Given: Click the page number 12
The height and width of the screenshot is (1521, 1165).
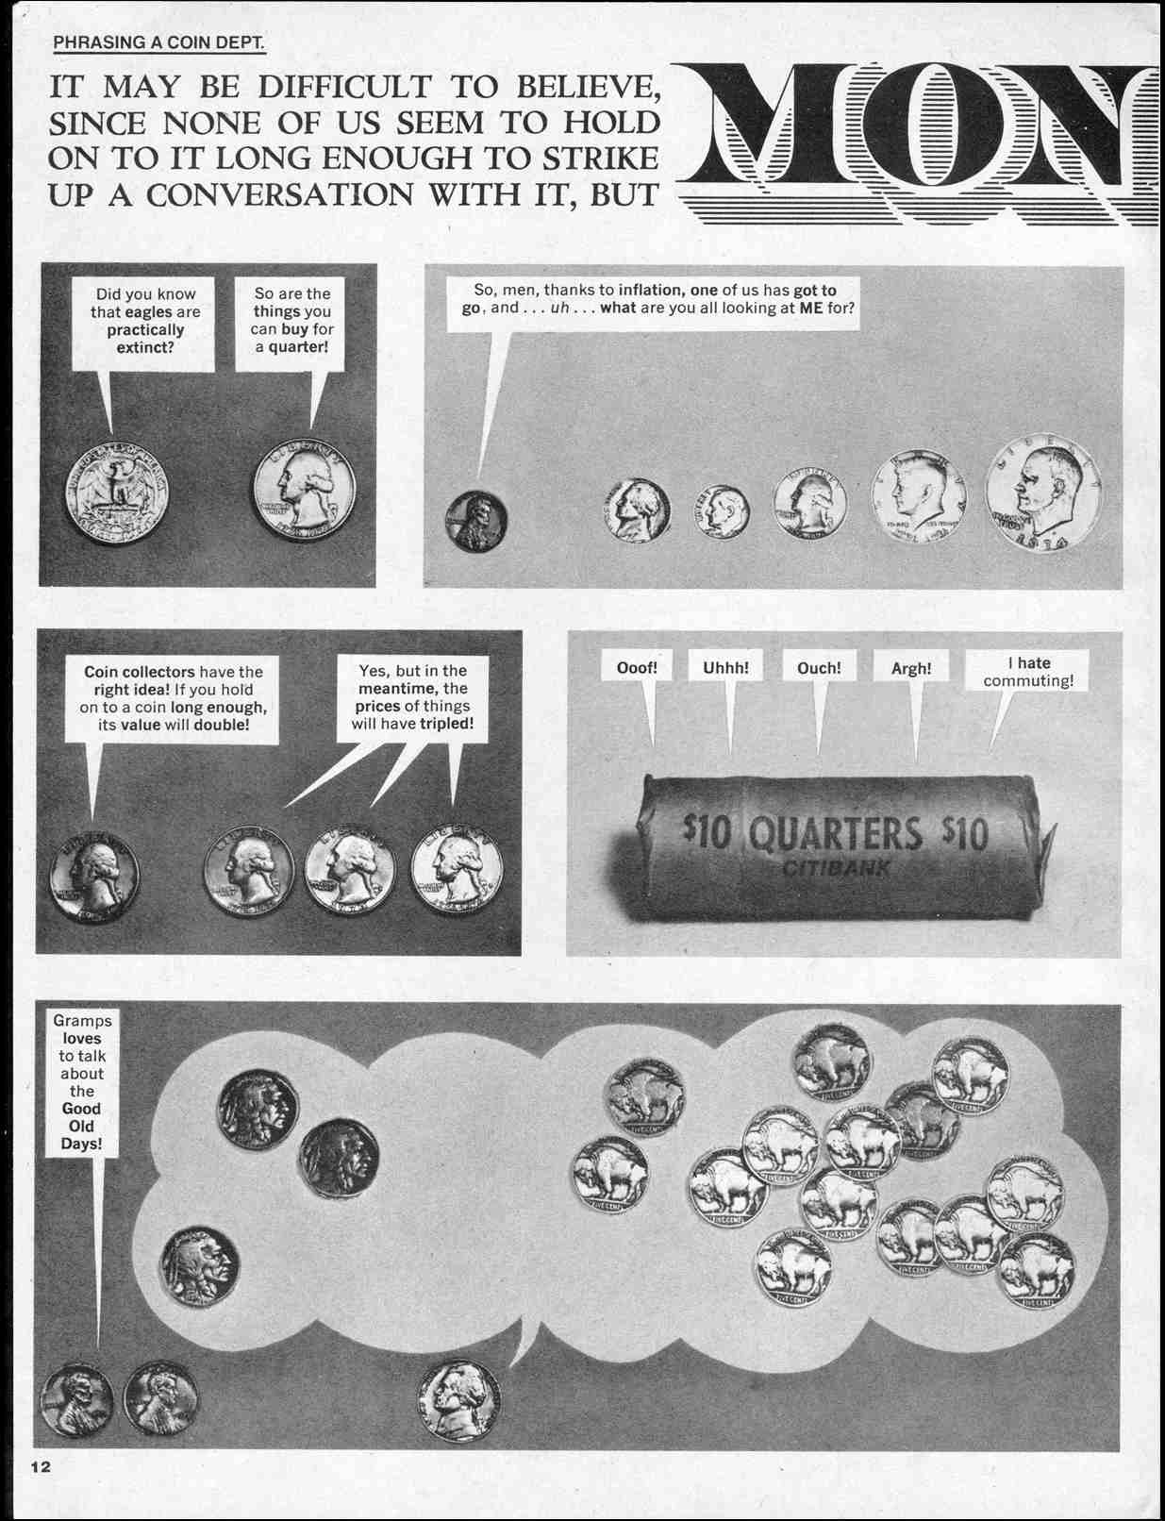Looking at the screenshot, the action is click(41, 1466).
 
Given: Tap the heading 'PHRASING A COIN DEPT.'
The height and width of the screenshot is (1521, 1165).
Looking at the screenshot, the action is click(158, 42).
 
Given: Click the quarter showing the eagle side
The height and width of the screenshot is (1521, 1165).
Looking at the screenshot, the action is click(117, 493).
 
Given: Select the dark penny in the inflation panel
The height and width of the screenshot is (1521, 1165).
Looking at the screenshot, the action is click(475, 521).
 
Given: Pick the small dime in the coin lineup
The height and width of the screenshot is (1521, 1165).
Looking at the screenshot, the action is click(722, 511).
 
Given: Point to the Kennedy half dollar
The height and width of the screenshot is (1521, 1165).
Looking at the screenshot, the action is click(919, 497).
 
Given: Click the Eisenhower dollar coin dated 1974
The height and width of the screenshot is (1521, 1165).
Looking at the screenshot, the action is click(1043, 493).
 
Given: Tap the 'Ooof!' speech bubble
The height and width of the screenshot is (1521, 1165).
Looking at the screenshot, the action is click(637, 667).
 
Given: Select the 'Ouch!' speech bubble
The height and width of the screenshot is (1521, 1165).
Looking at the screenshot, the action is click(819, 667).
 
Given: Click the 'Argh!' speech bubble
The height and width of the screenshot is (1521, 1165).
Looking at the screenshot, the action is click(911, 668).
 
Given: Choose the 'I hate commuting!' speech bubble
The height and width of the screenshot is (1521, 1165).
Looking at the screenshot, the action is click(1027, 671).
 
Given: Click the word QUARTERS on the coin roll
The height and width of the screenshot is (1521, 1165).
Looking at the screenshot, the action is click(835, 833).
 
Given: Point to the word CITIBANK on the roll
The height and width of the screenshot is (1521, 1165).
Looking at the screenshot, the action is click(836, 869).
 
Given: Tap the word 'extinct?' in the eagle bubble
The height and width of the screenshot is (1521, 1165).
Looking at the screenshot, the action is click(145, 348).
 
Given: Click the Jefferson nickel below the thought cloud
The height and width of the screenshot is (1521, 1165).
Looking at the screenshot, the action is click(459, 1400).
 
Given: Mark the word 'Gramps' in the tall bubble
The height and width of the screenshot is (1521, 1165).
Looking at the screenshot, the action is click(82, 1021).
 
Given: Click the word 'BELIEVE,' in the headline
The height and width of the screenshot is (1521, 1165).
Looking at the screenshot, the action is click(588, 87).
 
